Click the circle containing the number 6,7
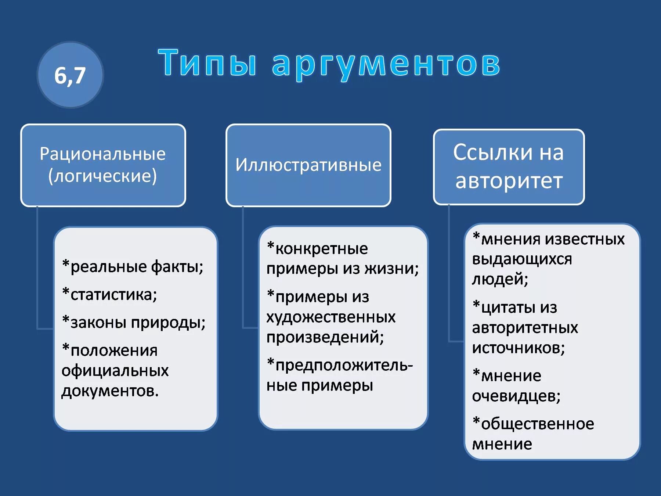click(70, 75)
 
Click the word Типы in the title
click(207, 63)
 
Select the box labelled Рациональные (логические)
click(103, 165)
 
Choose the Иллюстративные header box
click(308, 165)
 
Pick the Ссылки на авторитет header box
click(509, 167)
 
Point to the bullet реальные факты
click(133, 266)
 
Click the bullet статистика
click(110, 294)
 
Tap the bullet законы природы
click(134, 322)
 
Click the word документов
click(110, 391)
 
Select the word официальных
click(115, 370)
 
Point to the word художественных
click(331, 317)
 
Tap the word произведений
click(325, 337)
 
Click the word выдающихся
click(522, 259)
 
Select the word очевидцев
click(516, 396)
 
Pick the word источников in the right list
click(518, 348)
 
